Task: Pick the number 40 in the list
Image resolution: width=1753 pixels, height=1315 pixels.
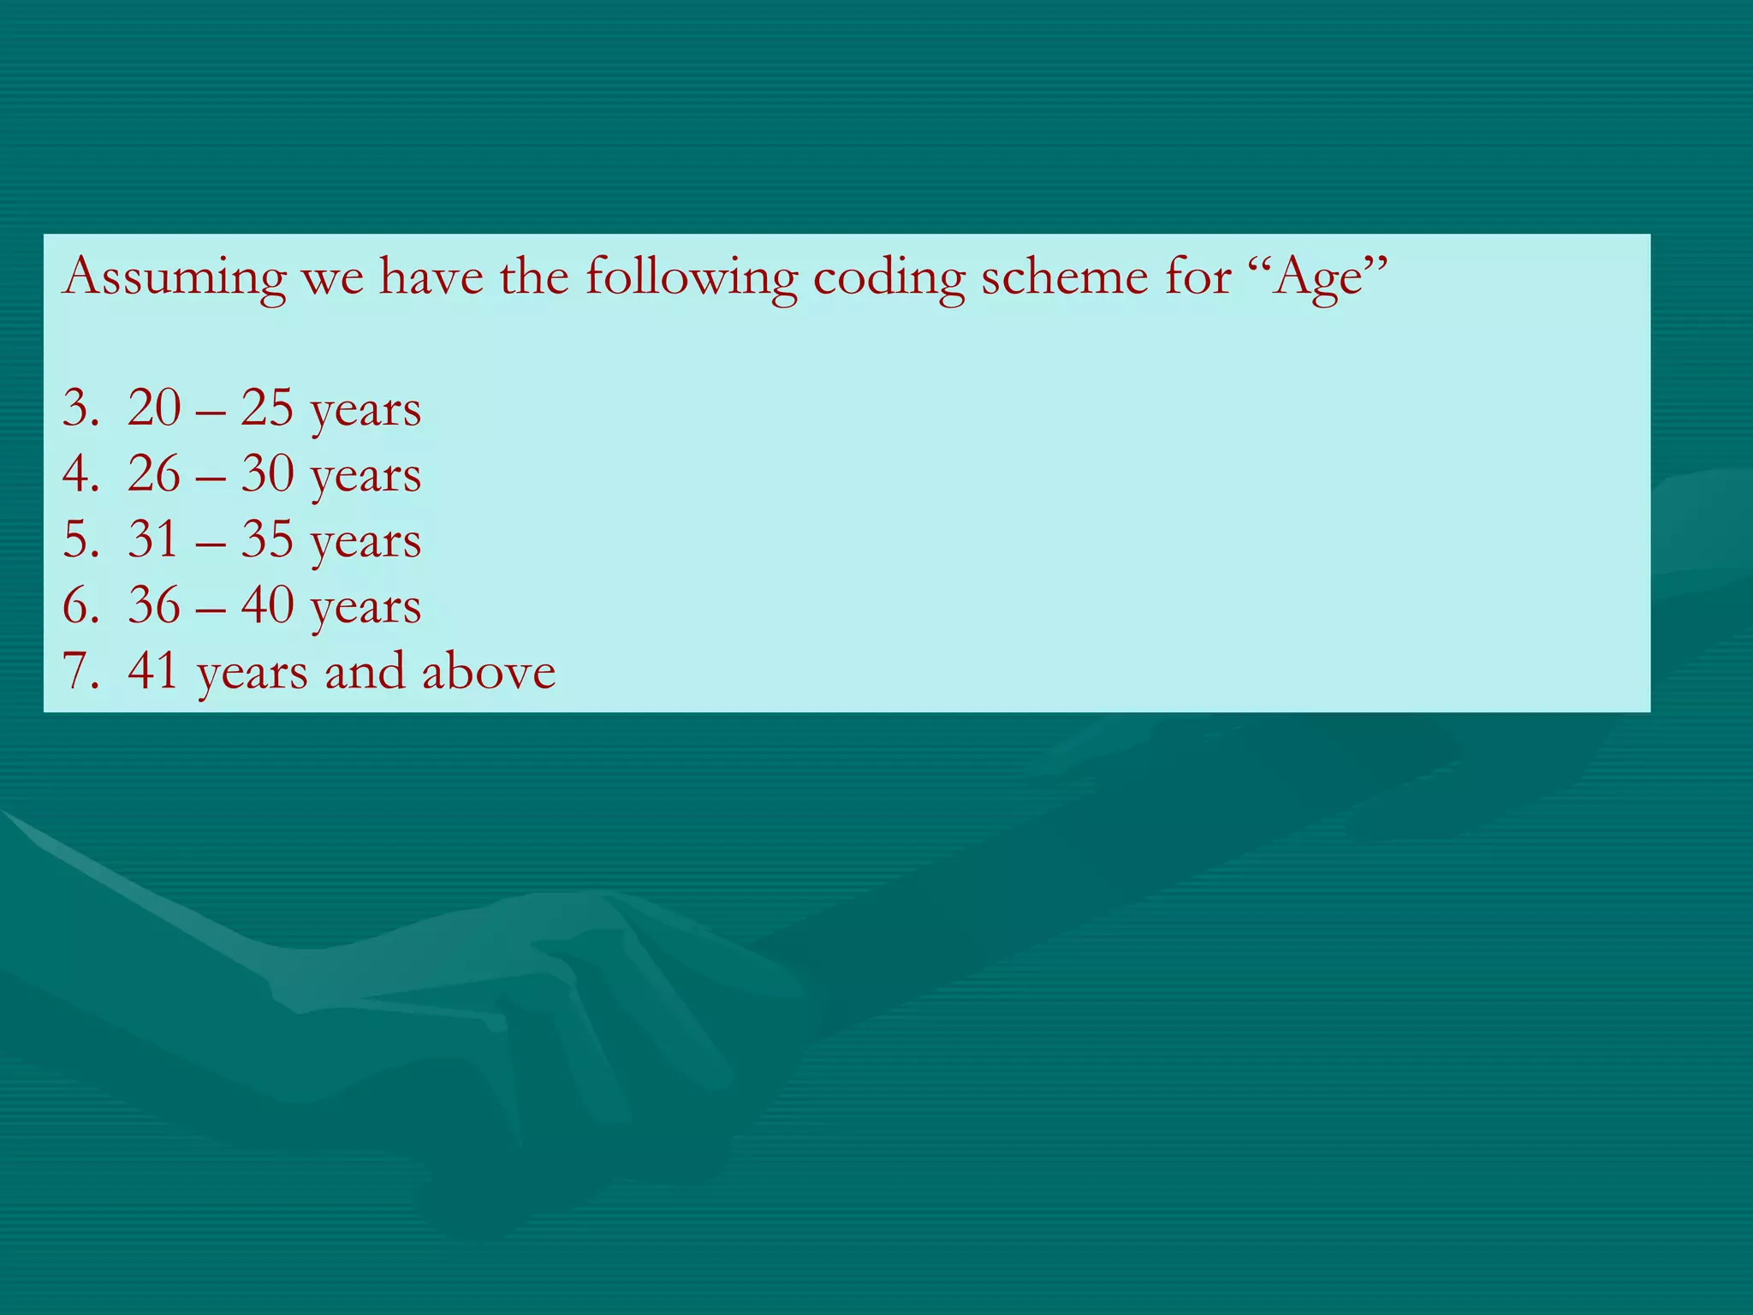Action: click(x=267, y=605)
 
